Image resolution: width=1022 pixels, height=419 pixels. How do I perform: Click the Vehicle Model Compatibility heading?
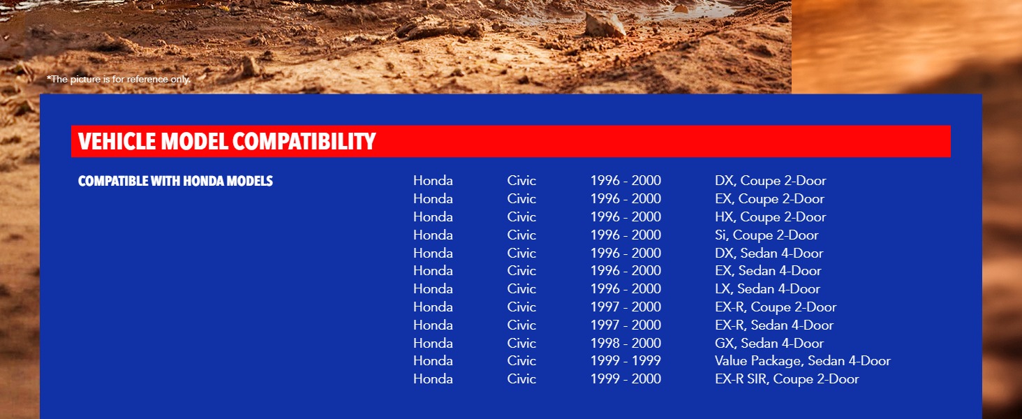point(227,141)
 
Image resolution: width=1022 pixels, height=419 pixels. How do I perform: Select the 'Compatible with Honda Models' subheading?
point(176,181)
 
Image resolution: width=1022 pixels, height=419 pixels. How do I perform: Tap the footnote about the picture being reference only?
point(119,79)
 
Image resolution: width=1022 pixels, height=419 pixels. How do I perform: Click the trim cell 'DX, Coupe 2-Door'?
point(771,181)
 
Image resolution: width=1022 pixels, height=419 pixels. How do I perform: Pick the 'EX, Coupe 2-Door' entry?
point(770,199)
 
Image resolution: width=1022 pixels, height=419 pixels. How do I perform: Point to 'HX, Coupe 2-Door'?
point(771,216)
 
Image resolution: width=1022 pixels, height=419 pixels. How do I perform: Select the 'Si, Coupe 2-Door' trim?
point(767,235)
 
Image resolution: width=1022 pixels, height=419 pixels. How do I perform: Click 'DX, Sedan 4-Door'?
point(769,253)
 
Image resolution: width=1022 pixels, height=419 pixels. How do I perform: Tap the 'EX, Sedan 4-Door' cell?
point(769,271)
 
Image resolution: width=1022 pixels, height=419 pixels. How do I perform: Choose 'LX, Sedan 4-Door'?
point(767,289)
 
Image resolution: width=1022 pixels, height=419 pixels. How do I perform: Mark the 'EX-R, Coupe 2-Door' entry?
point(776,307)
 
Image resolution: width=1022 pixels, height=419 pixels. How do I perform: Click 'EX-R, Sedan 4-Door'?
point(774,325)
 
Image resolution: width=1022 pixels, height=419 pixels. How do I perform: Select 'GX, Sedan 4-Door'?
point(769,344)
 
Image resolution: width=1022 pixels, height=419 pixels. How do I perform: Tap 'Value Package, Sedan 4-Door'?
point(803,361)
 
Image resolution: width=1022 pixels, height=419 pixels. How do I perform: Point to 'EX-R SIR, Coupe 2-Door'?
point(787,378)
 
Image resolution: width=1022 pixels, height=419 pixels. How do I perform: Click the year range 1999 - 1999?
point(625,361)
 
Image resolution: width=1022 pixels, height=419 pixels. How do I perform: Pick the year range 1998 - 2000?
point(625,344)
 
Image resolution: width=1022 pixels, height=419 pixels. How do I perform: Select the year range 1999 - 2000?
point(625,378)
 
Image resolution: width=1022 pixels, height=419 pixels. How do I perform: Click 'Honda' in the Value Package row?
point(433,361)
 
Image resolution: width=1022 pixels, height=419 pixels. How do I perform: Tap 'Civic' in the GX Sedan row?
point(521,344)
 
